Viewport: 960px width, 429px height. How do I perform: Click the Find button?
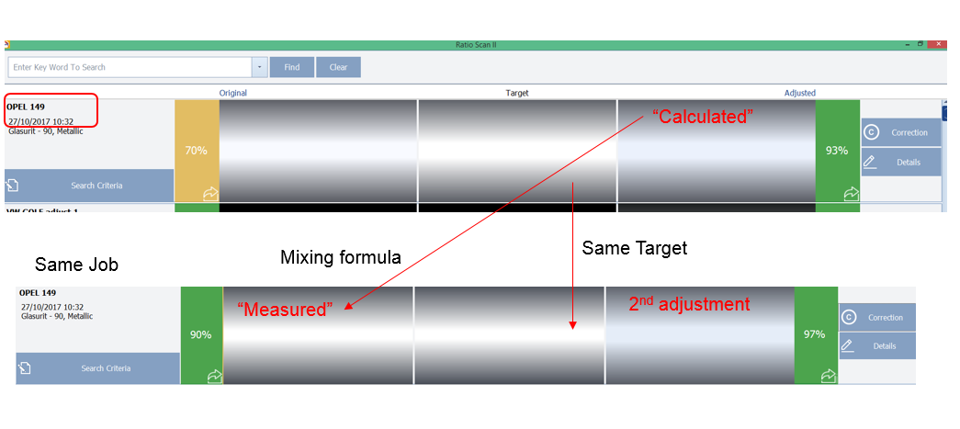[291, 67]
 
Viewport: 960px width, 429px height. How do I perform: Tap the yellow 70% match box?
[197, 151]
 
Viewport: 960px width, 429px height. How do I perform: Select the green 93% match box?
[837, 151]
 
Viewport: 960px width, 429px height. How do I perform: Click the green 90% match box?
[201, 334]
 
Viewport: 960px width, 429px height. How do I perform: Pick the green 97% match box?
[815, 334]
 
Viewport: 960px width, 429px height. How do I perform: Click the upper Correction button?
[900, 132]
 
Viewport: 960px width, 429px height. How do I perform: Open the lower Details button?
[876, 346]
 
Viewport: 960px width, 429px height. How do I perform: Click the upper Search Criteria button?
[89, 186]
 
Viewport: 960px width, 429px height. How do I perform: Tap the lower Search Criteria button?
[97, 368]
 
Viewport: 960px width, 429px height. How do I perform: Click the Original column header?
[232, 93]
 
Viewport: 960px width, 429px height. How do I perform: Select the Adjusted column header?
[799, 93]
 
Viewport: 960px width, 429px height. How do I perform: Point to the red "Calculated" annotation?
[703, 117]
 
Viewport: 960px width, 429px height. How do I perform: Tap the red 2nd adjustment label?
[689, 304]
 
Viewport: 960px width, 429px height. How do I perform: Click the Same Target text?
[635, 248]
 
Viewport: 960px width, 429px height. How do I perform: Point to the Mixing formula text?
[340, 258]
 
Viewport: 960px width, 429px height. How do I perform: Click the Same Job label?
[76, 265]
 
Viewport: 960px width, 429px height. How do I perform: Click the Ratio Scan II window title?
[475, 44]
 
